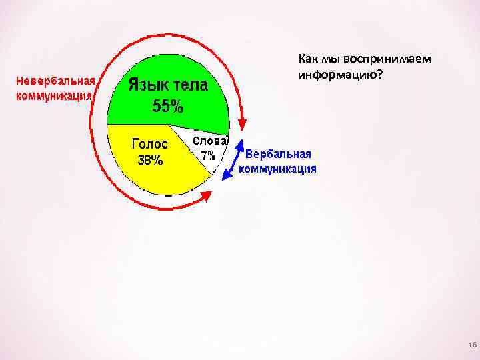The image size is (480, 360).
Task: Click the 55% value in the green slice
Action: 169,106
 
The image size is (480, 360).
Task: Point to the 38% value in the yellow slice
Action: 150,160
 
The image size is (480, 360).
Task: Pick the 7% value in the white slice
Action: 209,155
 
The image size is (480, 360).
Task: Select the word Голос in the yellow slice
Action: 150,143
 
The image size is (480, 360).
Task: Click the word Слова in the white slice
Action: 210,141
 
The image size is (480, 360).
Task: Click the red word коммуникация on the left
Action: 54,95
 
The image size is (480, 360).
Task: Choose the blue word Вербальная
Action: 278,154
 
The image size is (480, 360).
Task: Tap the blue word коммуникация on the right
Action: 278,168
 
